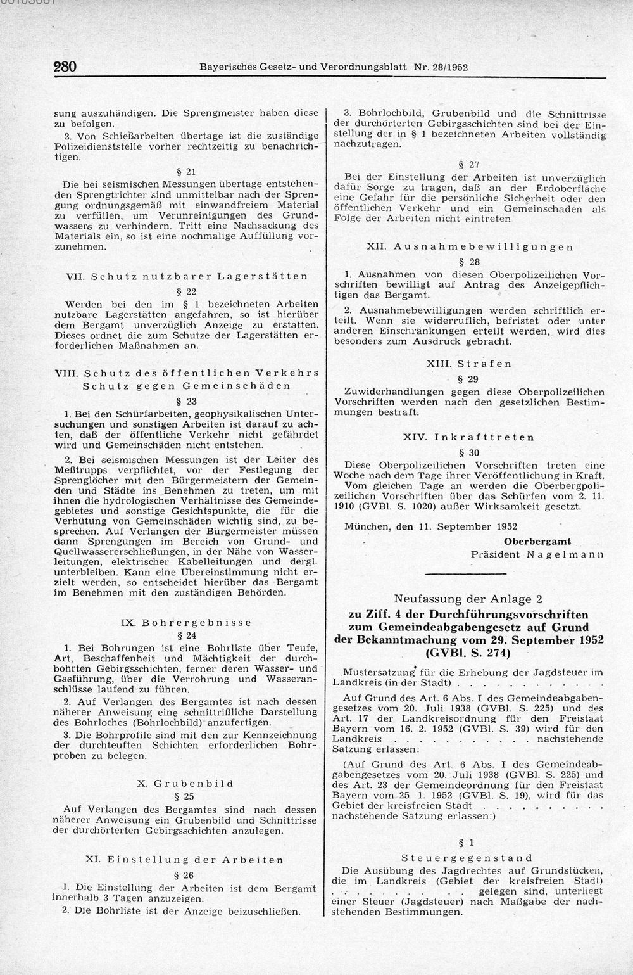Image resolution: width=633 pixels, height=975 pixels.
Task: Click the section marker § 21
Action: (186, 172)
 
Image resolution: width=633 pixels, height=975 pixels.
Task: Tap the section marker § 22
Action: (186, 292)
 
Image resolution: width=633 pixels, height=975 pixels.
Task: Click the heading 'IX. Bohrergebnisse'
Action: (186, 622)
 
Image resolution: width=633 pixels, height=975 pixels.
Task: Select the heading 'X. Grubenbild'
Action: (186, 784)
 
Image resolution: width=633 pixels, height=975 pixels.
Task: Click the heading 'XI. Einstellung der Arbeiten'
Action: (186, 860)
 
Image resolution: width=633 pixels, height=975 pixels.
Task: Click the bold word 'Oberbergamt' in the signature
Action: (537, 541)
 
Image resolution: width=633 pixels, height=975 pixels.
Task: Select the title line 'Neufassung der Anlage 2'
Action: (468, 598)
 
